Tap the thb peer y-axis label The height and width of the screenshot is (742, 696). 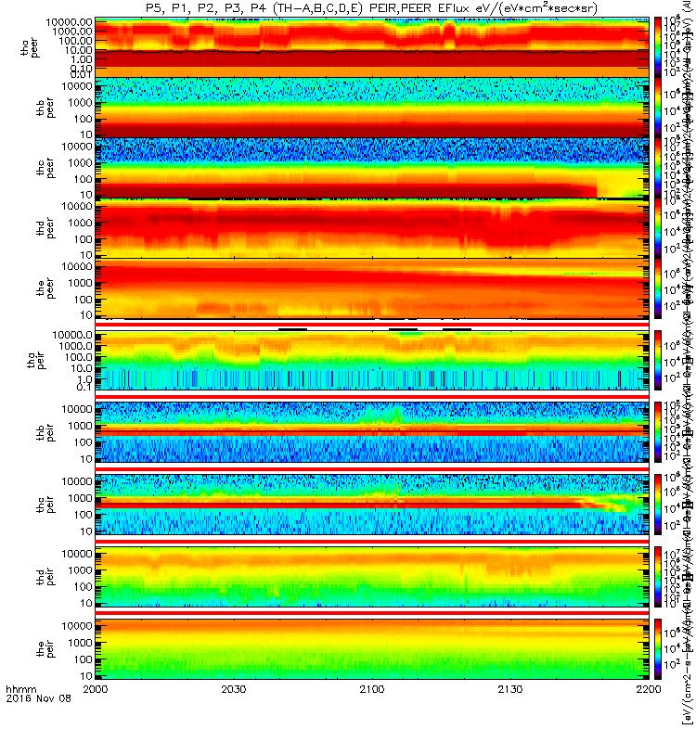(x=29, y=106)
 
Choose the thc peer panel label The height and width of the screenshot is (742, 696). (x=29, y=167)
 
